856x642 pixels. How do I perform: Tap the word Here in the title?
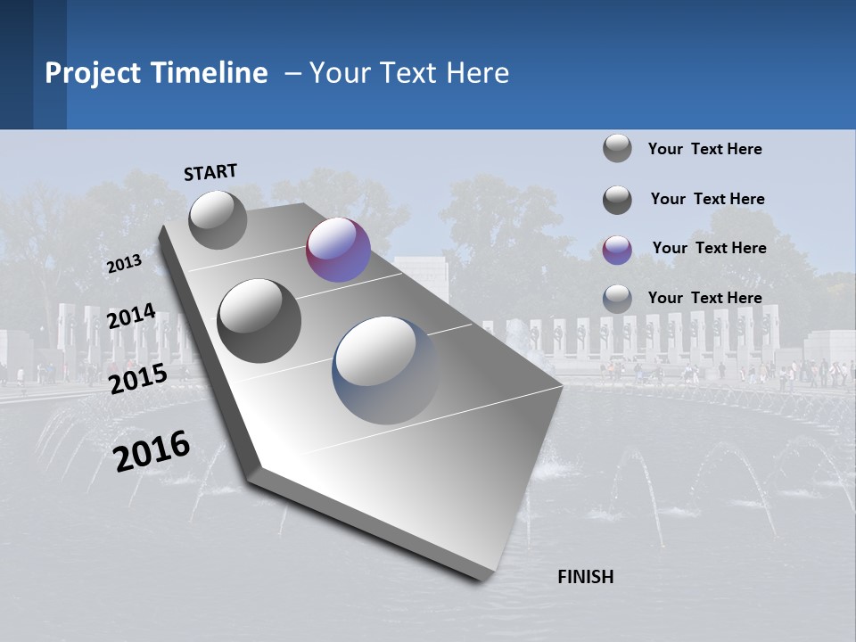click(477, 73)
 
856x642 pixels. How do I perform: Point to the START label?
click(210, 172)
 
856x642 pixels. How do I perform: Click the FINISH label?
click(586, 577)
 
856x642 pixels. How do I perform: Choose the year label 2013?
click(124, 264)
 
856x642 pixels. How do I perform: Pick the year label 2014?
click(132, 317)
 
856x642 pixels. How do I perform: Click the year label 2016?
click(152, 451)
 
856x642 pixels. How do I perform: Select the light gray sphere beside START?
click(218, 219)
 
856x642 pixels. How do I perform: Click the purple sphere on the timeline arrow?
click(338, 250)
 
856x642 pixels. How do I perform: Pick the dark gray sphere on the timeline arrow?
click(259, 321)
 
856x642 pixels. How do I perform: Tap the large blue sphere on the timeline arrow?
click(386, 370)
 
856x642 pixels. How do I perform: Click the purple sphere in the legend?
click(617, 250)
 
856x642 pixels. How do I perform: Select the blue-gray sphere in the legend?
click(617, 299)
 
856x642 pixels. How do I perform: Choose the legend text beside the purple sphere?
click(709, 248)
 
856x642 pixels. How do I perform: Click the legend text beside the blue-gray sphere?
click(704, 298)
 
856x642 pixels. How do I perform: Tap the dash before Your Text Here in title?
click(292, 73)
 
